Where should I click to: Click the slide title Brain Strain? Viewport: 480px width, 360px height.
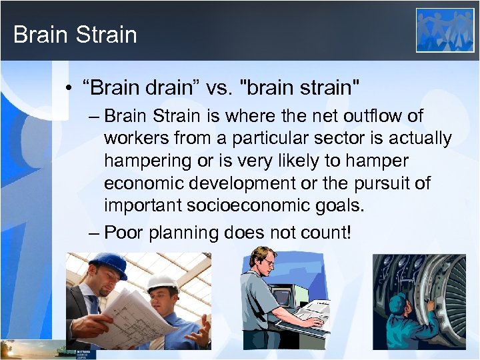[x=75, y=35]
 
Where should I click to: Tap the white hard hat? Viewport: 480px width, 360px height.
[x=162, y=283]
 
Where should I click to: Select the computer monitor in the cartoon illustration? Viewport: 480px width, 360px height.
[x=283, y=297]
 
